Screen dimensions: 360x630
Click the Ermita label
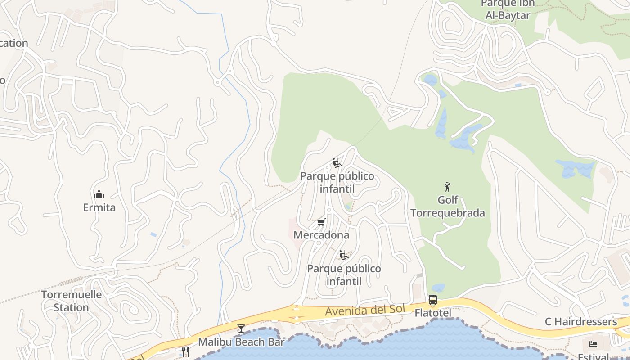tap(99, 207)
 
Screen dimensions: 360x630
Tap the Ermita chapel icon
tap(99, 194)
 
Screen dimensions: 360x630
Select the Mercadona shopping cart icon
tap(321, 222)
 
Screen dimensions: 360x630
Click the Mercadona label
tap(321, 235)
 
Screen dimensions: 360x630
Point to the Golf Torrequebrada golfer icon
tap(447, 187)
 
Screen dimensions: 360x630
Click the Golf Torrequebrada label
tap(447, 207)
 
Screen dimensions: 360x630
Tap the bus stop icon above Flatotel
tap(433, 300)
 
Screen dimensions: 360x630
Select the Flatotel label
tap(433, 312)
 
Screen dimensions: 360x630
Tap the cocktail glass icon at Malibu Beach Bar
tap(241, 328)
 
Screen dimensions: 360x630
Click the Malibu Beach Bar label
tap(241, 342)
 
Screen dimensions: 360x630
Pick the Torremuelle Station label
tap(72, 301)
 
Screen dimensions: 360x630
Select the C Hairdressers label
tap(581, 321)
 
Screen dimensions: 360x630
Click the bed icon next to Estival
tap(593, 344)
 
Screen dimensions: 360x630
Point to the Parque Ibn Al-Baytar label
tap(508, 9)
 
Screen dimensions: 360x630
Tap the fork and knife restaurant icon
tap(185, 351)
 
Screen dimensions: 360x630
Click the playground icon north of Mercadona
tap(337, 163)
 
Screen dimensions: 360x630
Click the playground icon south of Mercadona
tap(344, 256)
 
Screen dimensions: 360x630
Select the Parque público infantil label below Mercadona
tap(344, 275)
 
